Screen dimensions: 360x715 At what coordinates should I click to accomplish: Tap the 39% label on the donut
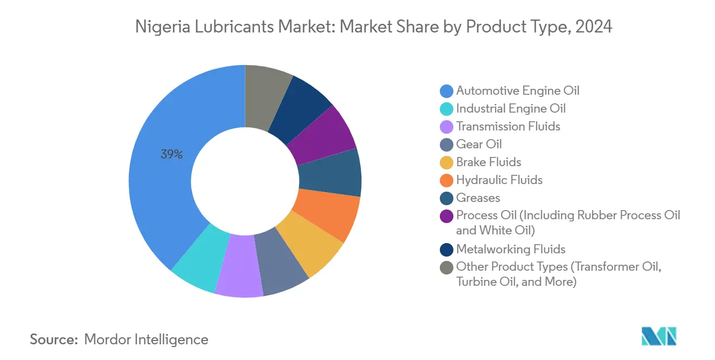pyautogui.click(x=171, y=154)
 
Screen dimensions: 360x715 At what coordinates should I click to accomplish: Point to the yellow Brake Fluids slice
pyautogui.click(x=314, y=242)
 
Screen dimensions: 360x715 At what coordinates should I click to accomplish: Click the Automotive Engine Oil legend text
pyautogui.click(x=517, y=90)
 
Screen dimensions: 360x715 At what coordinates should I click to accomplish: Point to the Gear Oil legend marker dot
pyautogui.click(x=447, y=145)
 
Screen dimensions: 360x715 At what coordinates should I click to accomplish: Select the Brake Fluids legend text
pyautogui.click(x=488, y=162)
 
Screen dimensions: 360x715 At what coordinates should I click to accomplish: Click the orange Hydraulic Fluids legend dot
pyautogui.click(x=447, y=180)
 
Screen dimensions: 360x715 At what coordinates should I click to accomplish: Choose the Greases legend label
pyautogui.click(x=478, y=198)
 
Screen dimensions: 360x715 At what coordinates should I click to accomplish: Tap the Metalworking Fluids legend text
pyautogui.click(x=510, y=249)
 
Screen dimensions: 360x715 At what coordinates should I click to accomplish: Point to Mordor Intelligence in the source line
pyautogui.click(x=146, y=339)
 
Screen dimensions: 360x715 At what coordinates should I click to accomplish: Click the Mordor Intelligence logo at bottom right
pyautogui.click(x=659, y=336)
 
